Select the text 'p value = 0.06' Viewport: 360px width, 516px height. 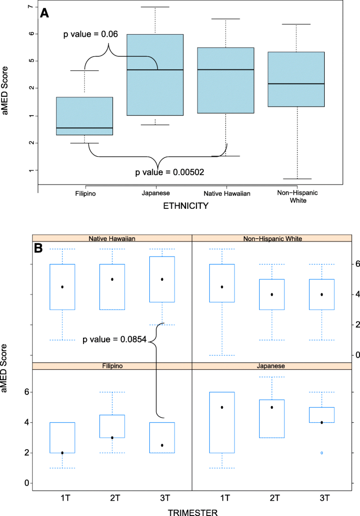(x=90, y=34)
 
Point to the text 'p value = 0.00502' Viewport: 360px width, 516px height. (x=170, y=172)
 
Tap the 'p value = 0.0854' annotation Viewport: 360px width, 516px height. (x=115, y=340)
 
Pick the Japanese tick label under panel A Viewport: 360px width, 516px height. (x=156, y=194)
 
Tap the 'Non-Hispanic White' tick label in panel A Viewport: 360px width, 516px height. (x=297, y=197)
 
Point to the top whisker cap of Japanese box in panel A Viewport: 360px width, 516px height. (x=156, y=7)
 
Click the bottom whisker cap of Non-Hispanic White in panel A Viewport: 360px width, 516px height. (x=297, y=179)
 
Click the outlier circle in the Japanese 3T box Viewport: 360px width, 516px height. (x=322, y=452)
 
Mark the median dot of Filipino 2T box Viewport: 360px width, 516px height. (x=112, y=438)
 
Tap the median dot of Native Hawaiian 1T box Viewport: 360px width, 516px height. (x=62, y=287)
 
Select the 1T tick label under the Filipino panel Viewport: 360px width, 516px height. (x=62, y=497)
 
